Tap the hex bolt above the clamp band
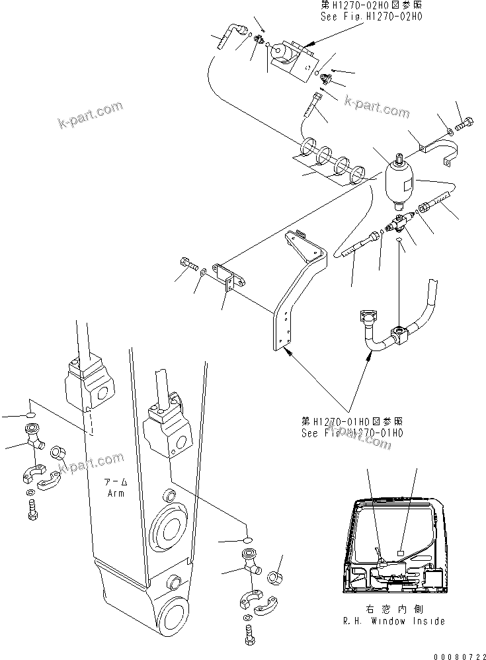[x=465, y=123]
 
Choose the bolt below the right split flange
[x=250, y=634]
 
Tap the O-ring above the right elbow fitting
[x=248, y=540]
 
